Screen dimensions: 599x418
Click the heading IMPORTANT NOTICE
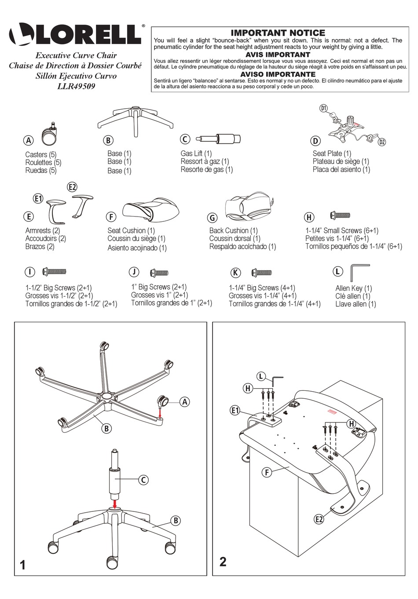(278, 33)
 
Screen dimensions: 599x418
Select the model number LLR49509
(76, 86)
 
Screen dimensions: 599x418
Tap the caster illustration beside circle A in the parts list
(49, 134)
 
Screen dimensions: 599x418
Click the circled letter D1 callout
(324, 108)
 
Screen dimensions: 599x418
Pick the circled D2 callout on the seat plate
(381, 142)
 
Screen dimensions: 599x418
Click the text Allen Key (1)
(353, 288)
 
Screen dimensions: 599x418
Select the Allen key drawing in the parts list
(358, 272)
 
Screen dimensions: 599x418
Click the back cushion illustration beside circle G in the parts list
(247, 206)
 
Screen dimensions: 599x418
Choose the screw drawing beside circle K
(261, 272)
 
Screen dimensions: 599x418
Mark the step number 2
(223, 562)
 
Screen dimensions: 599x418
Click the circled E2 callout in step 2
(319, 519)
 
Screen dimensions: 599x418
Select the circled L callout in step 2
(261, 376)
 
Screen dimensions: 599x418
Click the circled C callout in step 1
(143, 480)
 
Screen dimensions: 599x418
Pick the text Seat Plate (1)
(332, 154)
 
